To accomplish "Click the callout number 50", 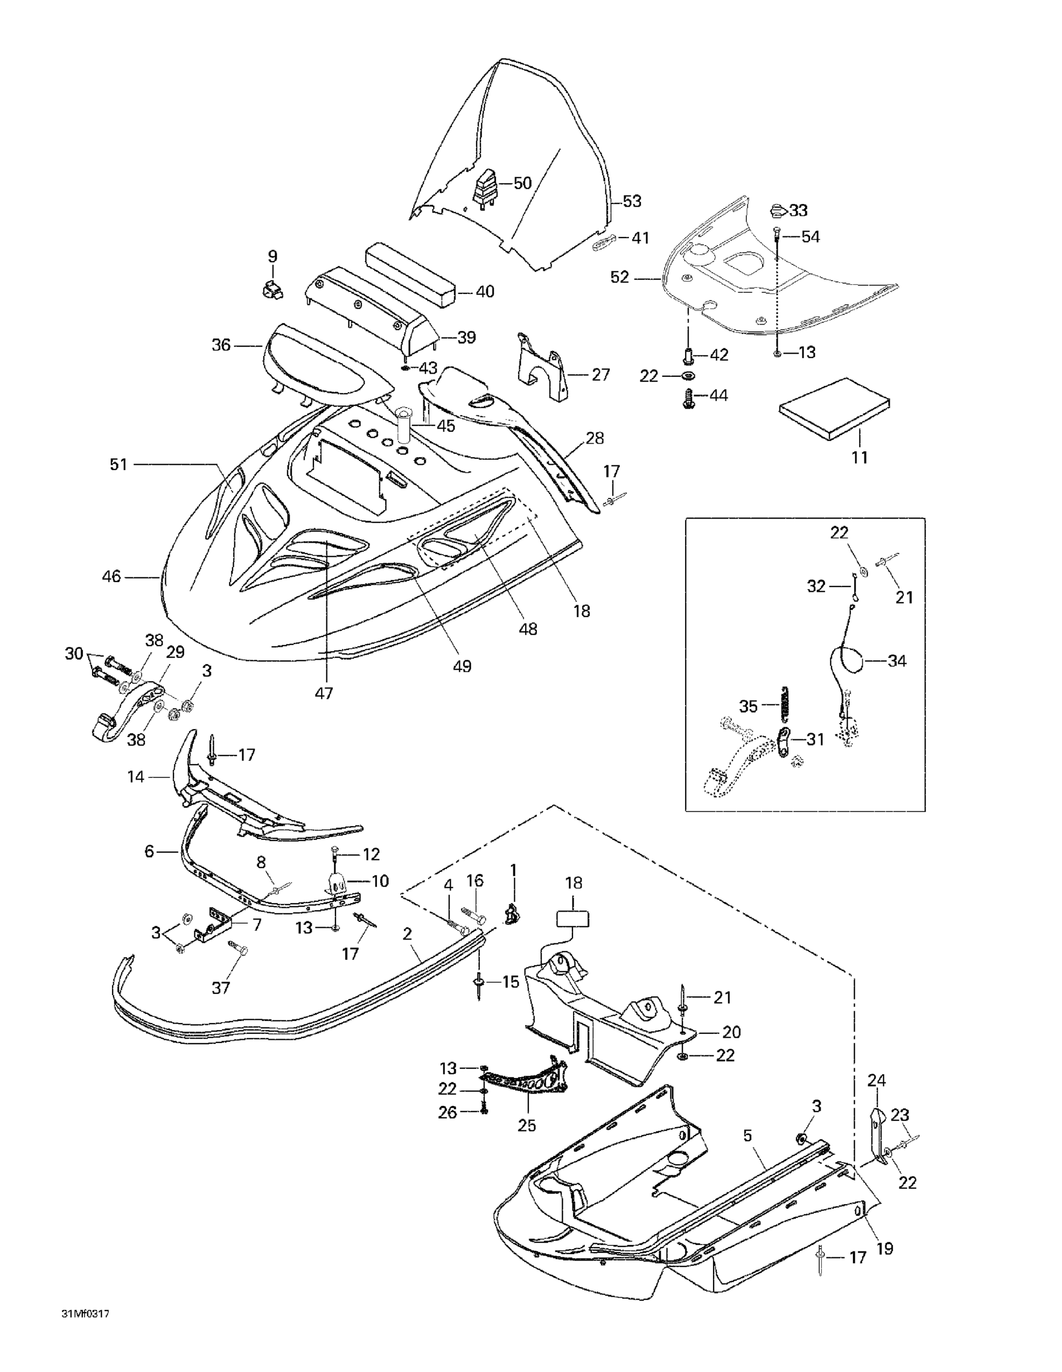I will [x=522, y=183].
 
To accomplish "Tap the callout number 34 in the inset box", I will [x=897, y=661].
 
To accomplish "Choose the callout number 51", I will [x=118, y=464].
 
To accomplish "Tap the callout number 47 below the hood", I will [x=324, y=693].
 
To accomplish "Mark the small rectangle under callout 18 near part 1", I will [x=573, y=919].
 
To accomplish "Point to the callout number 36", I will [x=221, y=345].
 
